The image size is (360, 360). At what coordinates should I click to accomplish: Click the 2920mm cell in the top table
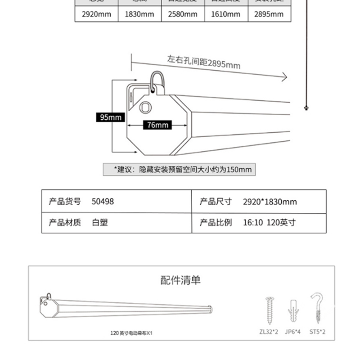(96, 14)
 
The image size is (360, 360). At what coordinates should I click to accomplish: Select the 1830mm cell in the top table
(139, 14)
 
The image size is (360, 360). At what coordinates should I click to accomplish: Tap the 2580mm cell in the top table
(183, 14)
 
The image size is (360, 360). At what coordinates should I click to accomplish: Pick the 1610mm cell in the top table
(226, 14)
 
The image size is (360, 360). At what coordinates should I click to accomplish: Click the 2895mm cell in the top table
(269, 14)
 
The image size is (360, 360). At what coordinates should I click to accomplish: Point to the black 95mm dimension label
(111, 117)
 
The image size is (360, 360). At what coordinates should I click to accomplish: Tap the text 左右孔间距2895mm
(203, 62)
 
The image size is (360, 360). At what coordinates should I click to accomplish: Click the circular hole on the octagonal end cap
(145, 108)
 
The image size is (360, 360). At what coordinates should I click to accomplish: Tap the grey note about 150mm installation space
(179, 170)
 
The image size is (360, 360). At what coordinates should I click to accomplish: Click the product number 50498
(103, 201)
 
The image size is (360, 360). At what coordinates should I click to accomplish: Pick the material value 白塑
(99, 222)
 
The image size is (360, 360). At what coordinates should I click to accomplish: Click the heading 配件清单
(180, 280)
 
